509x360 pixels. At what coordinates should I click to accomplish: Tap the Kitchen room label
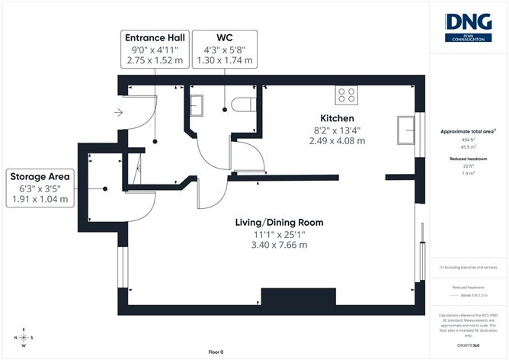pyautogui.click(x=337, y=118)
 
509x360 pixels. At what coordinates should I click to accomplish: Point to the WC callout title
pyautogui.click(x=225, y=37)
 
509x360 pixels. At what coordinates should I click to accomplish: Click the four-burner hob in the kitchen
pyautogui.click(x=347, y=95)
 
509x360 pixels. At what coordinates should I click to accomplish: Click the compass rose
pyautogui.click(x=24, y=337)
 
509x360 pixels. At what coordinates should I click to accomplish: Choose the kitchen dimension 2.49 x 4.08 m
pyautogui.click(x=337, y=140)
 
